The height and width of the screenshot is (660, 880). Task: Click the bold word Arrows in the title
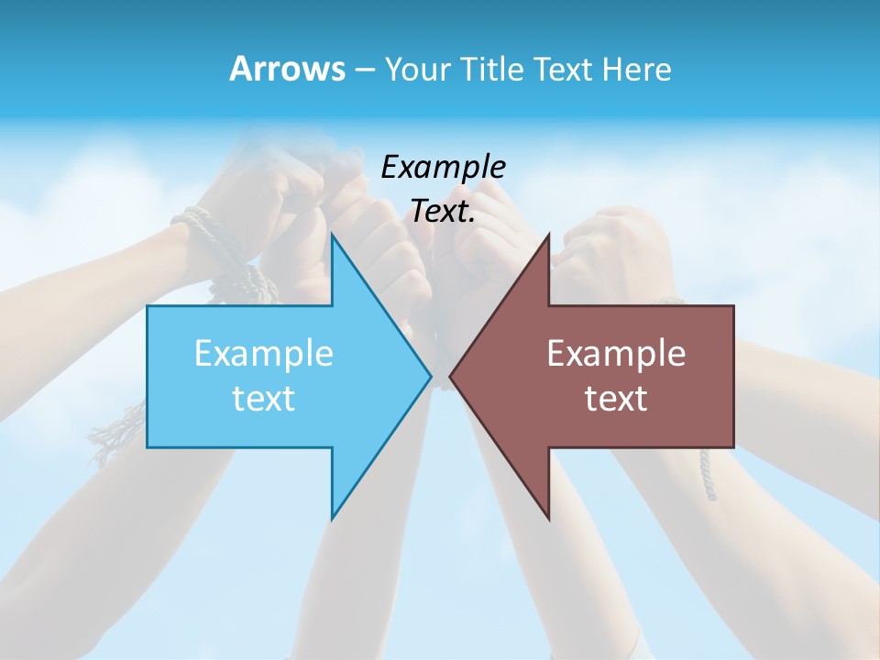tap(287, 69)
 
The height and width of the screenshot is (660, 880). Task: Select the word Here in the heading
tap(636, 69)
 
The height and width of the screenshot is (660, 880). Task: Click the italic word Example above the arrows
tap(443, 168)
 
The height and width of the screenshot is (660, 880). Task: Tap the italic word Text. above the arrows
tap(443, 212)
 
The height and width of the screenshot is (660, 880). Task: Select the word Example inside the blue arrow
tap(264, 354)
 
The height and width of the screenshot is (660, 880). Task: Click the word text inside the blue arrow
tap(264, 399)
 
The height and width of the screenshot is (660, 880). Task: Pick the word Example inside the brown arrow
tap(616, 354)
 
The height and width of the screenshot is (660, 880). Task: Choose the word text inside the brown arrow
tap(616, 399)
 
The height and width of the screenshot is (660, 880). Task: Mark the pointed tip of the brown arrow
tap(451, 376)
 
